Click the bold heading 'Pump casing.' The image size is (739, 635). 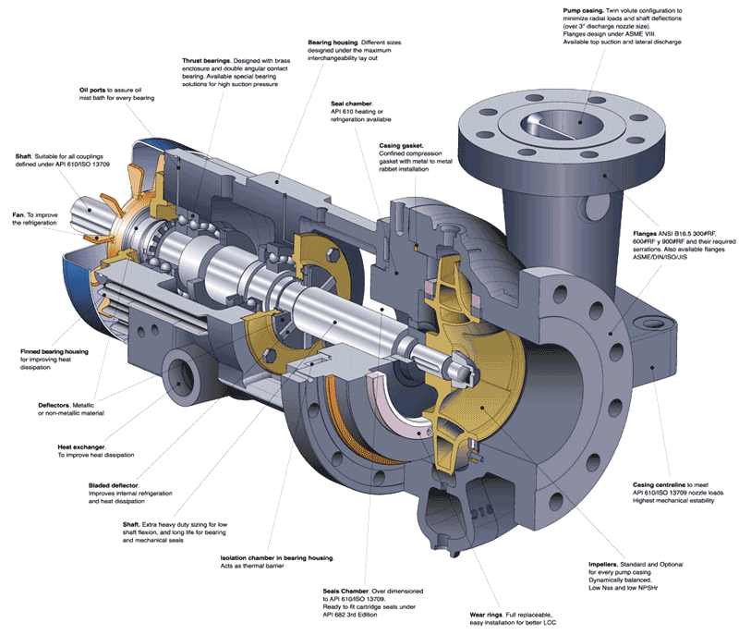point(586,9)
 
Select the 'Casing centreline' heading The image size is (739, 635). point(659,484)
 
